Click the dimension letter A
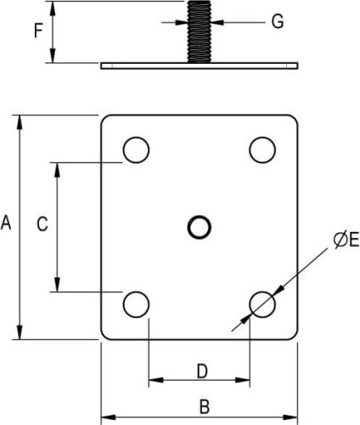[6, 223]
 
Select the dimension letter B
[205, 406]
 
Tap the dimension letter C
[42, 224]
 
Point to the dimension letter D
[202, 371]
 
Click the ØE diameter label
[346, 241]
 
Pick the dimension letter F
[38, 31]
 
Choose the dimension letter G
[278, 21]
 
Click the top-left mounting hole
[136, 150]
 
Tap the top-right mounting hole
[262, 150]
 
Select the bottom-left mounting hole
[136, 304]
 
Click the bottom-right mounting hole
[262, 304]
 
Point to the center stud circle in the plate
[200, 227]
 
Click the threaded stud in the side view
[200, 31]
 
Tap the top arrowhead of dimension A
[20, 122]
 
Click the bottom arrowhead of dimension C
[57, 285]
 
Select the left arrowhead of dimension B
[109, 417]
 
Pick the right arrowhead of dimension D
[243, 380]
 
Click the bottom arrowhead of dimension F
[53, 55]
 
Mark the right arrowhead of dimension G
[217, 22]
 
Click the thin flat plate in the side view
[200, 65]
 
